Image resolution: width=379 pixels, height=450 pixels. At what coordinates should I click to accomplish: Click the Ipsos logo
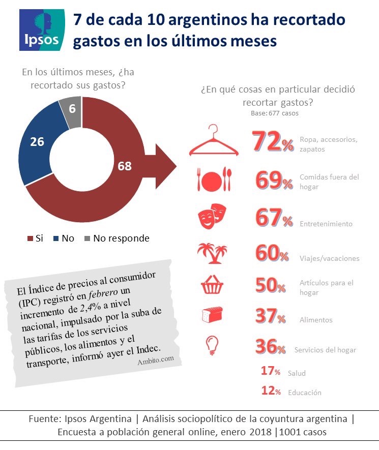click(42, 30)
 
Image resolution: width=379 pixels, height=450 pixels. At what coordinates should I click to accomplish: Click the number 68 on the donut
click(125, 166)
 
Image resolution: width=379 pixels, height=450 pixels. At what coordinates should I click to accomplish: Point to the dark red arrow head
click(166, 166)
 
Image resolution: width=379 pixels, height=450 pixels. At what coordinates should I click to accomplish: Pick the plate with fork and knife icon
click(214, 179)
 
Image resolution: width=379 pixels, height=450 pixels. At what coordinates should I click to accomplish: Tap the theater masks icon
click(212, 216)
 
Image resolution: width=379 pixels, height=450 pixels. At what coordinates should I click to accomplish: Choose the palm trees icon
click(212, 253)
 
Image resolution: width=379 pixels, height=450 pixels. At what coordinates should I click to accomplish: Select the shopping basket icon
click(212, 285)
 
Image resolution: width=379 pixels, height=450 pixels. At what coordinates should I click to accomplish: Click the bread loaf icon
click(212, 315)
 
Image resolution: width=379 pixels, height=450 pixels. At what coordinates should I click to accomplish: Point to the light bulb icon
click(212, 346)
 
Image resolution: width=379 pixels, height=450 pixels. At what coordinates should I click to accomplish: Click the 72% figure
click(273, 141)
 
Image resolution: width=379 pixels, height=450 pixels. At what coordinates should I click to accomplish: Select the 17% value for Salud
click(271, 371)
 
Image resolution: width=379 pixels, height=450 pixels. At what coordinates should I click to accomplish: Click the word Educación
click(305, 393)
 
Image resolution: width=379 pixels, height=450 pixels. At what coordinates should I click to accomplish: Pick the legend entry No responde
click(117, 238)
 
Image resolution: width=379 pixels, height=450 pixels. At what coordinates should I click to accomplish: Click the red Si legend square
click(30, 238)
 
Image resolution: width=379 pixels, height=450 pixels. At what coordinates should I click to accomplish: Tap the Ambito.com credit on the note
click(156, 360)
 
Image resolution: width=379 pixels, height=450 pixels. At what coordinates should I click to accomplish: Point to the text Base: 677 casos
click(275, 113)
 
